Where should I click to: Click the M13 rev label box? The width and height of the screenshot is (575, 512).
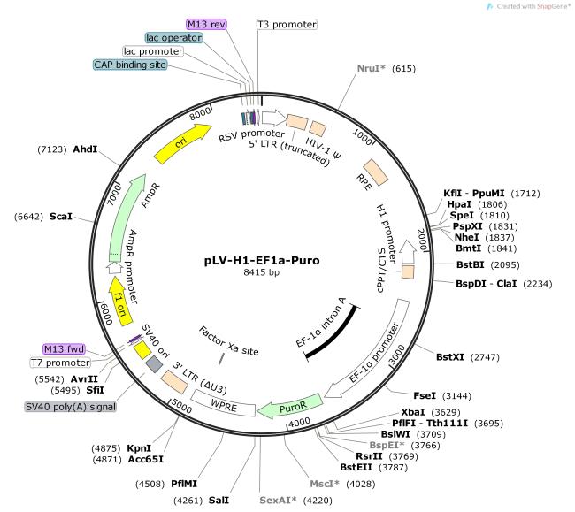207,24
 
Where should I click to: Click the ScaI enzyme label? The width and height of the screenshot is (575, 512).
61,216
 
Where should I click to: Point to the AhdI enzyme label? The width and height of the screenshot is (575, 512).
85,150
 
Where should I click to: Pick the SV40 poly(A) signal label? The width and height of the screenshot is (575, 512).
65,407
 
